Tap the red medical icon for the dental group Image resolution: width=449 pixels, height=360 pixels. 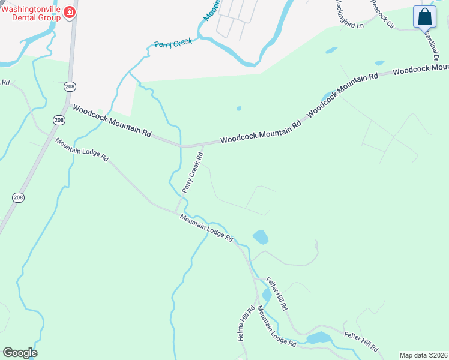[x=70, y=13]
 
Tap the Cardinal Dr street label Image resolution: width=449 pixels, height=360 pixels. [x=435, y=48]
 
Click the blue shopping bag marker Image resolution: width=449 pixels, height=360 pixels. [x=424, y=17]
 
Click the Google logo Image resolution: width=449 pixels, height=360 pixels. [x=20, y=353]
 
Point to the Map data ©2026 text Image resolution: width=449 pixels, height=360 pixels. [x=423, y=355]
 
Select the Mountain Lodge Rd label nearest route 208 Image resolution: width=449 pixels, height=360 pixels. [x=82, y=150]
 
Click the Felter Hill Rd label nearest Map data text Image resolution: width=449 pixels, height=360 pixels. [x=361, y=341]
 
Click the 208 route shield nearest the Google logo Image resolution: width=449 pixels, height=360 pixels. [x=18, y=197]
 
